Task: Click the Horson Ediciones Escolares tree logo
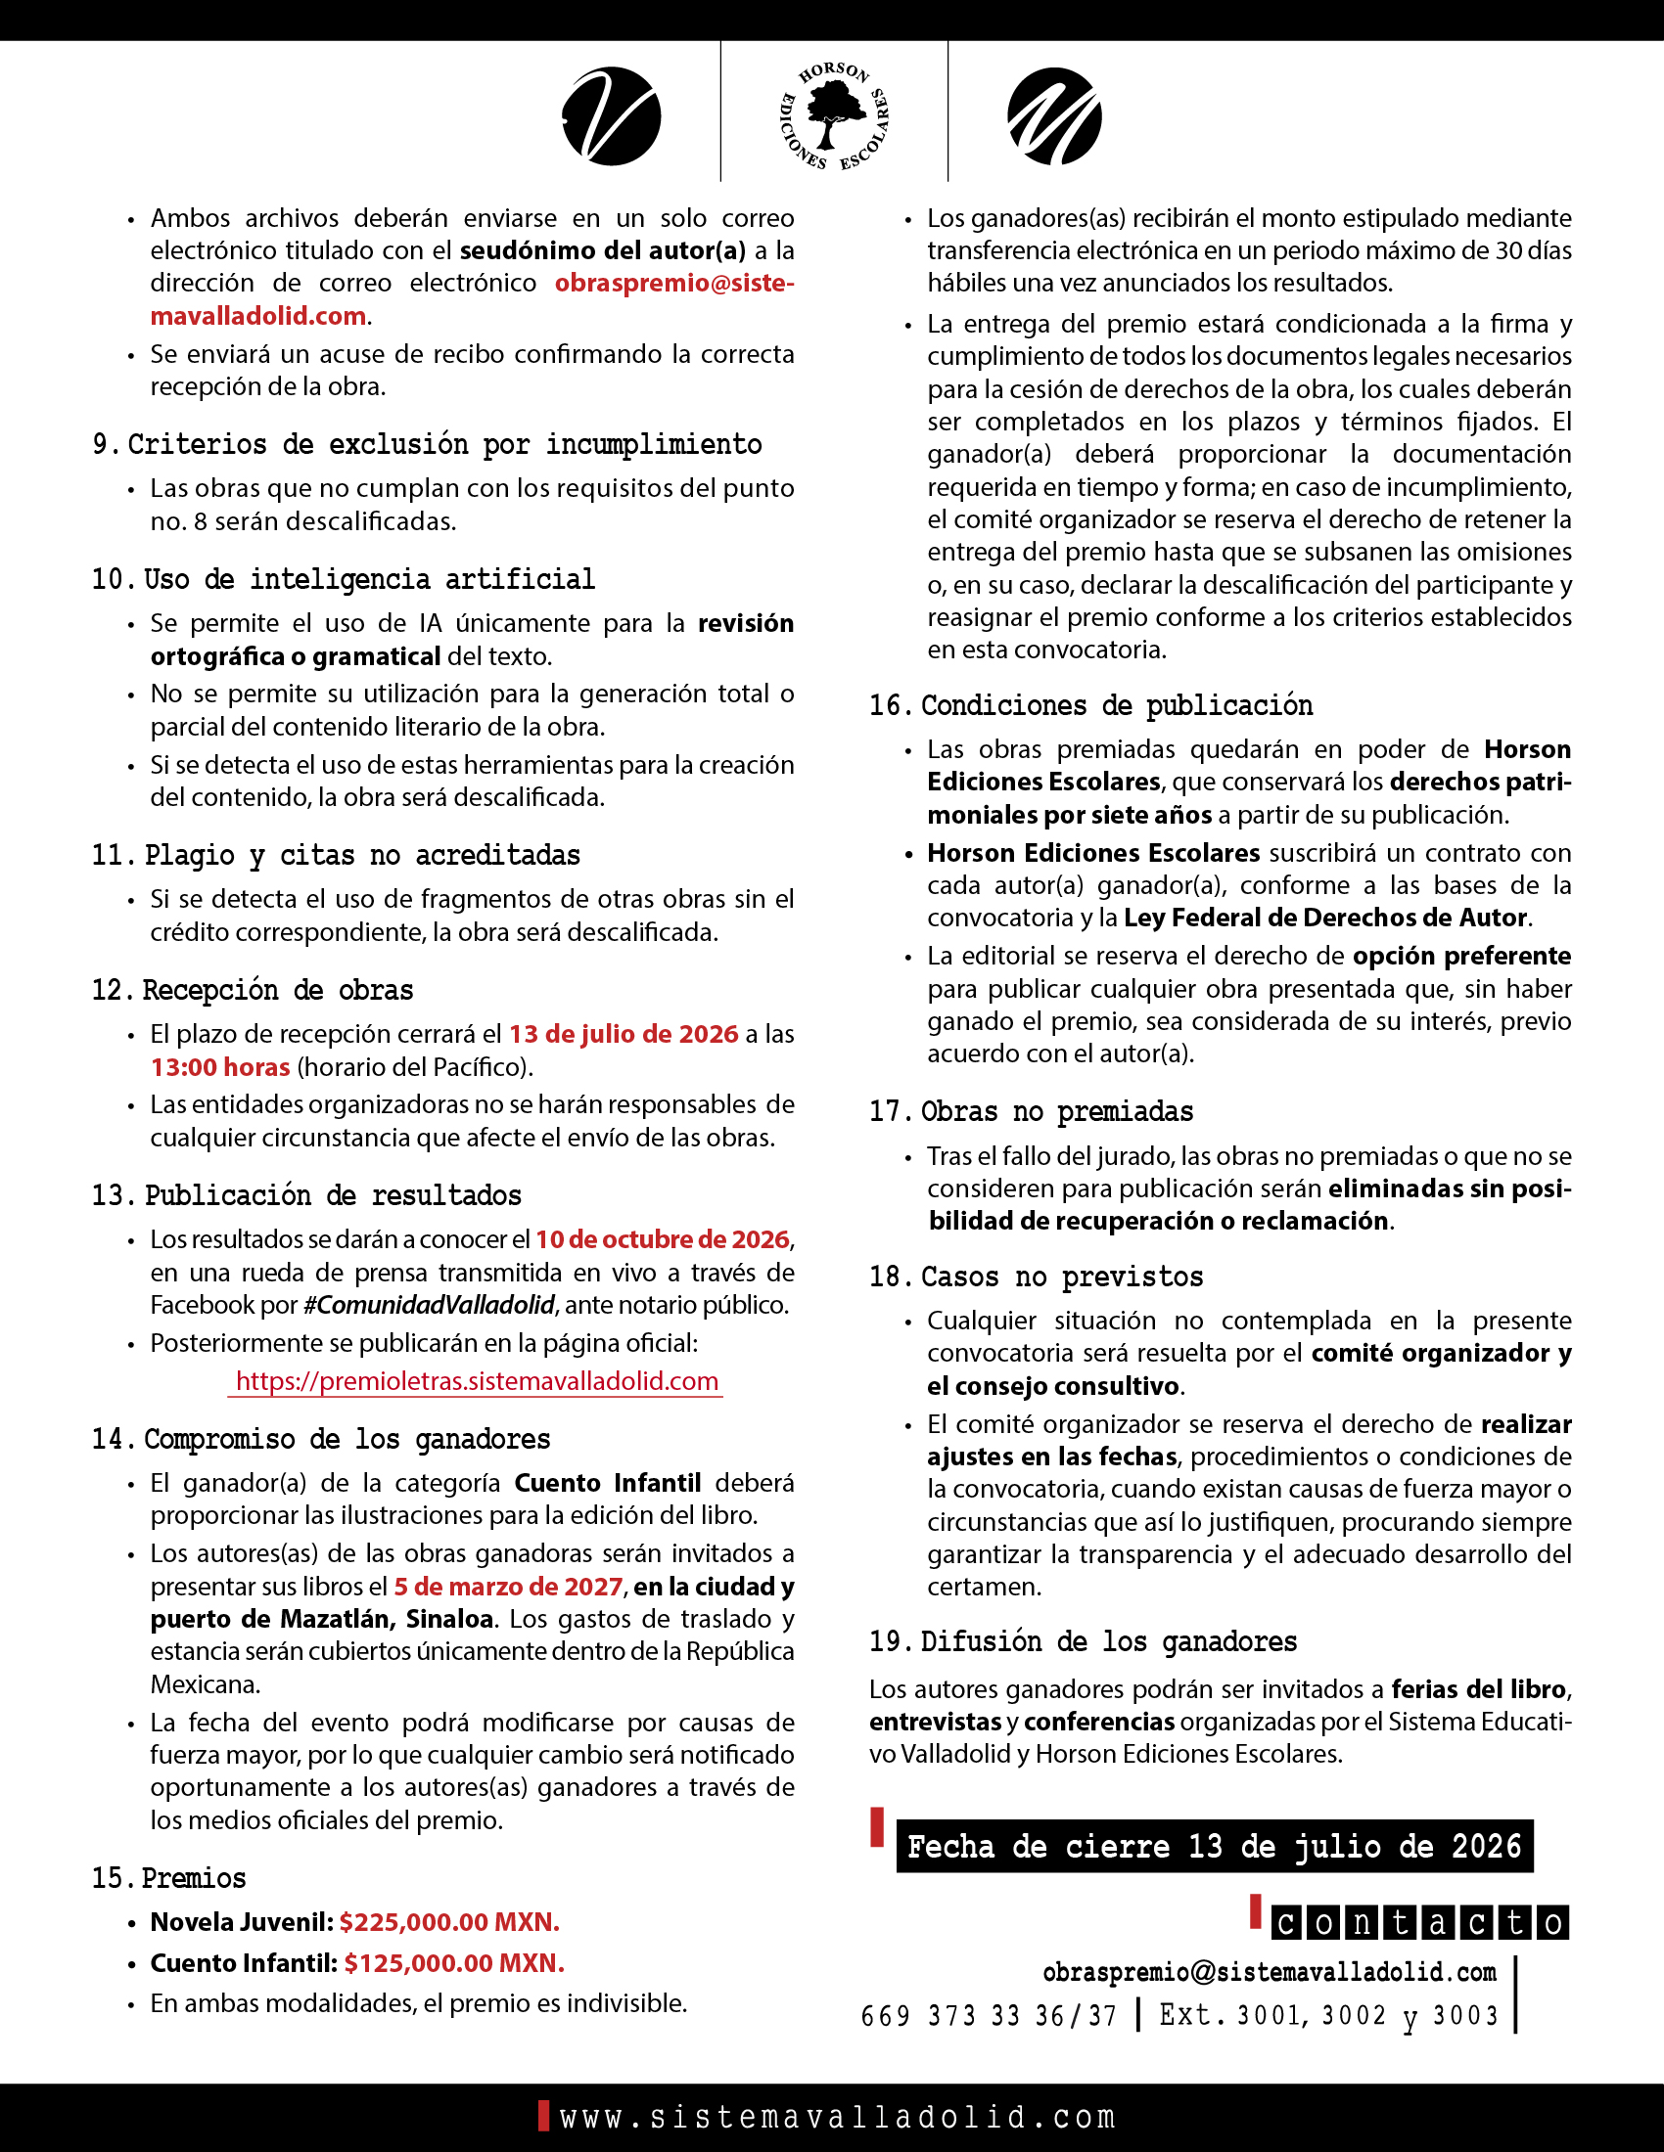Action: tap(834, 116)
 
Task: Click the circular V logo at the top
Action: tap(611, 116)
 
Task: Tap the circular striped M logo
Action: tap(1055, 116)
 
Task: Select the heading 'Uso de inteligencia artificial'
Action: tap(370, 579)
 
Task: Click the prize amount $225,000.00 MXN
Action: tap(449, 1921)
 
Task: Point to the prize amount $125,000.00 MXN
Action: tap(453, 1963)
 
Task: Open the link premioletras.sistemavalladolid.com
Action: tap(476, 1381)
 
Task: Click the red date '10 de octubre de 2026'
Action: tap(663, 1238)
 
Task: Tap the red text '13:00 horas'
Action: tap(220, 1067)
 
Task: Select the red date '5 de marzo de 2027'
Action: tap(509, 1587)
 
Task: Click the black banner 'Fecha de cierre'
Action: tap(1214, 1846)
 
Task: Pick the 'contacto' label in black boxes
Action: tap(1419, 1922)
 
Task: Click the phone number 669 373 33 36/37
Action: tap(989, 2016)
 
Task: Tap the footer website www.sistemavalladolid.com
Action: tap(837, 2117)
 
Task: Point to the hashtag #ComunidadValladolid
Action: tap(429, 1305)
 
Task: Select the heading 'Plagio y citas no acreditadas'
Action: tap(362, 855)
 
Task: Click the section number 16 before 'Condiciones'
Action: tap(886, 705)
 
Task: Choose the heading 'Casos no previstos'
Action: tap(1062, 1277)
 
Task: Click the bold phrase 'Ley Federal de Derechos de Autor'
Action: tap(1326, 918)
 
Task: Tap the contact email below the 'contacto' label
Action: tap(1269, 1972)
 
